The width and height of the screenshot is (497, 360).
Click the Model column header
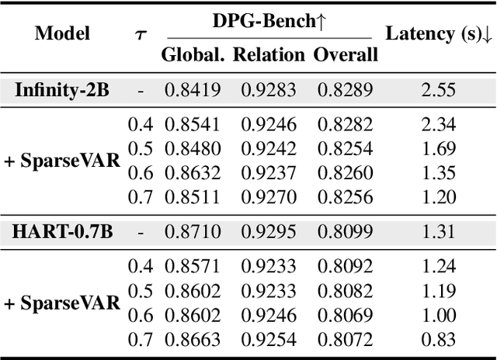coord(62,33)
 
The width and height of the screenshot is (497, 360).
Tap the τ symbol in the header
coord(141,34)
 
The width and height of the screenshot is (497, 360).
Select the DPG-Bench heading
coord(269,22)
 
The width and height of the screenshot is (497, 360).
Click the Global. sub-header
coord(192,54)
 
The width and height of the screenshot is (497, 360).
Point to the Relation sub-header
coord(269,54)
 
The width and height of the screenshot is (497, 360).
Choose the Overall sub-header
coord(346,54)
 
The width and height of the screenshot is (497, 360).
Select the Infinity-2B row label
coord(62,89)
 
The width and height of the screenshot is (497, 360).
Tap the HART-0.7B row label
coord(62,230)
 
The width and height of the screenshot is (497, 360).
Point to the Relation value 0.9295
coord(269,230)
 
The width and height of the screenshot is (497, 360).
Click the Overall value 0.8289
coord(346,89)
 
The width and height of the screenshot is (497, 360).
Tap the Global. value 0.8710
coord(192,230)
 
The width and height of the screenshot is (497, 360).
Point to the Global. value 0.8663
coord(192,338)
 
